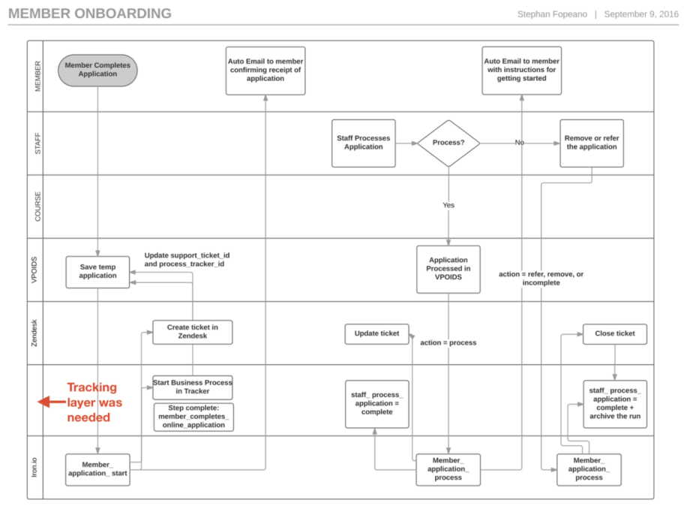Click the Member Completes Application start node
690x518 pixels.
(x=97, y=70)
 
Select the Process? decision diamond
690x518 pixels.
(x=448, y=143)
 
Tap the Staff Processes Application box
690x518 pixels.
(x=364, y=143)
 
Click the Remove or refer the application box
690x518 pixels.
(x=592, y=143)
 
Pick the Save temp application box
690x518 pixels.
(x=97, y=271)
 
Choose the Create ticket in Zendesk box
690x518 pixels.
(x=192, y=332)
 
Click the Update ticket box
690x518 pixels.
(x=377, y=333)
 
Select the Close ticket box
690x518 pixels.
(x=614, y=333)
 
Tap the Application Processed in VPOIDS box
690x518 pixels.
(x=448, y=269)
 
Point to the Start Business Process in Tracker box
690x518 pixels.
(x=192, y=387)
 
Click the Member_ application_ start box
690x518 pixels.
(x=97, y=469)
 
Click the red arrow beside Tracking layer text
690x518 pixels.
(x=50, y=402)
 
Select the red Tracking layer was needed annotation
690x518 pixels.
(x=94, y=402)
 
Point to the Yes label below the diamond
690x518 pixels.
(x=448, y=205)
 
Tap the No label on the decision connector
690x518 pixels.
(x=519, y=143)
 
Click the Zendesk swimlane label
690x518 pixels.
(x=35, y=333)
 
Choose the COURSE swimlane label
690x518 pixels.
(x=35, y=206)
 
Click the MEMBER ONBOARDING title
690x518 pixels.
(x=90, y=14)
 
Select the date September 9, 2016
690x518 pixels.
(x=640, y=14)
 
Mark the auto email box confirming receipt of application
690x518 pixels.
(x=265, y=71)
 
